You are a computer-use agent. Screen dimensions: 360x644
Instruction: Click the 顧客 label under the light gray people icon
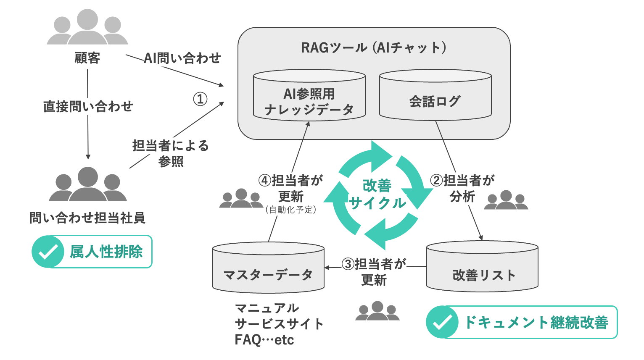point(87,58)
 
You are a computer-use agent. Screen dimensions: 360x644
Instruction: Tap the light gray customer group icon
point(87,27)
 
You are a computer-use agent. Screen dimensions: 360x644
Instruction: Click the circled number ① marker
point(200,99)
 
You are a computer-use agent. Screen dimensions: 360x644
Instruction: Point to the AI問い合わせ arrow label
point(182,58)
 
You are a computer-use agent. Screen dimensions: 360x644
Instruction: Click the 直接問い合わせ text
point(88,107)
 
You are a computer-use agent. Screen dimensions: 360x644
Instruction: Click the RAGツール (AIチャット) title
point(373,47)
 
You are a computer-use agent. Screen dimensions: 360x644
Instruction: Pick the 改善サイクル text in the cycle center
point(377,194)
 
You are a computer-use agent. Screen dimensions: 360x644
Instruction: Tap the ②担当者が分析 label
point(462,188)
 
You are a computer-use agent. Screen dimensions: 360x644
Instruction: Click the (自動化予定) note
point(290,210)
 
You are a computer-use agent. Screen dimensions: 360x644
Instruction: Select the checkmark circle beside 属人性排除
point(48,252)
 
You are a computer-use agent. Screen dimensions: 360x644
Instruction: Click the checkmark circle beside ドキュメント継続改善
point(442,322)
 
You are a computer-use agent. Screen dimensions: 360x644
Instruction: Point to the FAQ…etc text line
point(264,340)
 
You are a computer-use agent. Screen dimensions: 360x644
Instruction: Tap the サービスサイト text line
point(279,324)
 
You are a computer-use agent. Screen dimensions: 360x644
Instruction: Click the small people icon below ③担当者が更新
point(377,311)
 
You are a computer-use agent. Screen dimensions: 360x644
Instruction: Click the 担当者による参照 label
point(171,153)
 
